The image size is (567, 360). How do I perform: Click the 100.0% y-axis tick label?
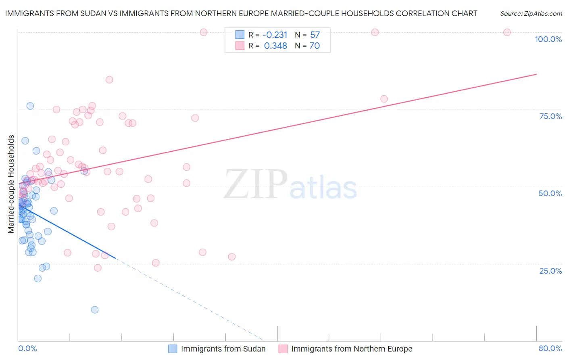[x=548, y=39]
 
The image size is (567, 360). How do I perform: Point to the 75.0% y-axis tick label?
[x=550, y=116]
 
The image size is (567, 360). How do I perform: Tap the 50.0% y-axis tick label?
[x=550, y=193]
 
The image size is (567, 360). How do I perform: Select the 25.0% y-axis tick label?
[x=550, y=271]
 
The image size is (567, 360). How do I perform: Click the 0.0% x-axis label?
[x=27, y=348]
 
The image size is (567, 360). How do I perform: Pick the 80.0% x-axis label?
[x=550, y=348]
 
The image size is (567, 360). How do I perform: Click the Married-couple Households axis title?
[x=11, y=184]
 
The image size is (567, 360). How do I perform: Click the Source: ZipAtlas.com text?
[x=531, y=14]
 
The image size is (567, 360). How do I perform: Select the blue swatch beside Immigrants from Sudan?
[x=173, y=349]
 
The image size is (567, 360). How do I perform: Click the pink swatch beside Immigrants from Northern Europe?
[x=283, y=349]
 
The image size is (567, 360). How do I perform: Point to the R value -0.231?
[x=275, y=35]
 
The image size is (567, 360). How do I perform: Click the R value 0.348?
[x=275, y=46]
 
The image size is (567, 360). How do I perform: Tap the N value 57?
[x=315, y=35]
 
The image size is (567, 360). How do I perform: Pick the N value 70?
[x=315, y=46]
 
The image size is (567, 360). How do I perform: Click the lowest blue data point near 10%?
[x=95, y=310]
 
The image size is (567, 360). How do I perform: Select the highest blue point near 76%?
[x=30, y=106]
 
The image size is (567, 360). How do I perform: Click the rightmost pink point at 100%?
[x=507, y=32]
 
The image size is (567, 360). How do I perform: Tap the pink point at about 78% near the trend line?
[x=384, y=99]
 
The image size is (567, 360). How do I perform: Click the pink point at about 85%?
[x=109, y=80]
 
